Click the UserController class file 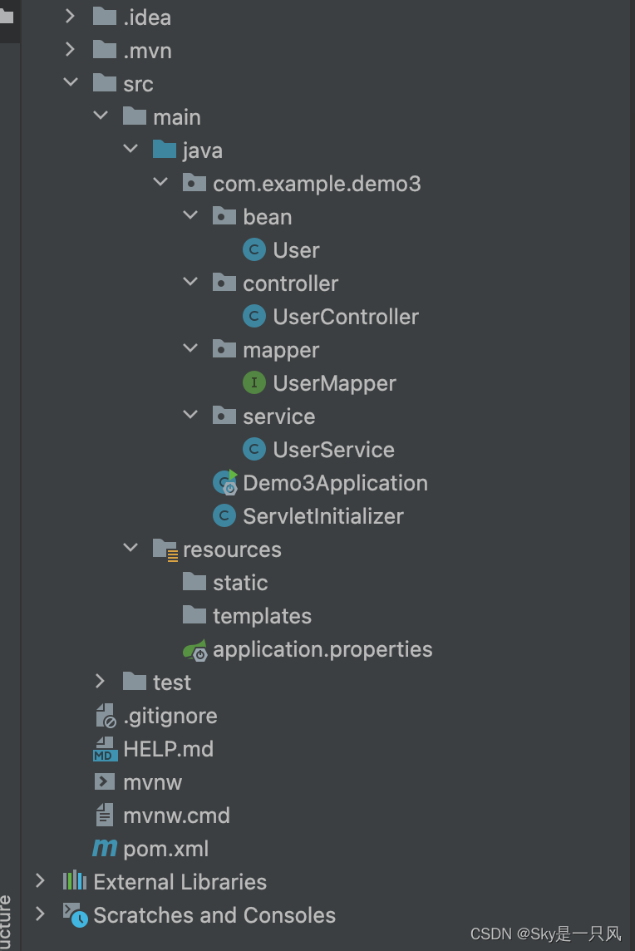point(345,317)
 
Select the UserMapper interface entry point(334,383)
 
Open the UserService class point(333,450)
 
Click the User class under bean point(296,250)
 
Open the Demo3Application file point(335,483)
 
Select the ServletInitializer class point(322,516)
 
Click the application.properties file point(322,649)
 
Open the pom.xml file point(165,849)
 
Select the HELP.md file point(168,749)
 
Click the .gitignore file point(170,716)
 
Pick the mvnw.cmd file point(176,815)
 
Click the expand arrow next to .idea point(71,17)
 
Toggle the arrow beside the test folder point(101,682)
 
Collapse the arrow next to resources point(130,549)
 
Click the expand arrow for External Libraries point(40,881)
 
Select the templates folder point(262,616)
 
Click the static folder point(240,583)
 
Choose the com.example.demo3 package point(317,184)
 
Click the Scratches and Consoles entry point(214,915)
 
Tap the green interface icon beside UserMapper point(254,383)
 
